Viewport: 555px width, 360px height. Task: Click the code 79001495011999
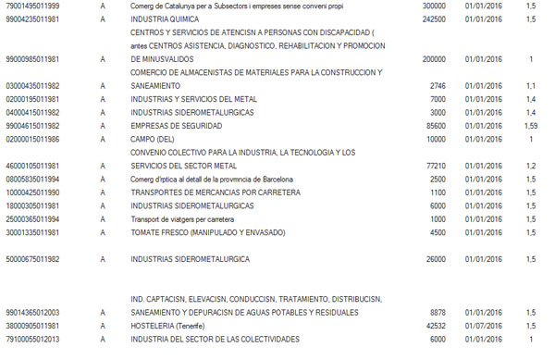33,5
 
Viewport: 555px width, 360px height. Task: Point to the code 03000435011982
33,85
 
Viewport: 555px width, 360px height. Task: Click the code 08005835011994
33,179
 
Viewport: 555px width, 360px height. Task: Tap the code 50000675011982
33,259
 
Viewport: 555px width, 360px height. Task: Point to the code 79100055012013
33,340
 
